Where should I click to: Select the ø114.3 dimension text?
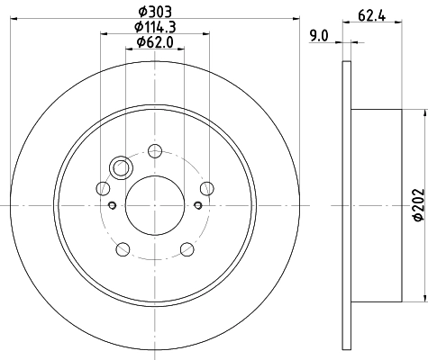click(x=155, y=26)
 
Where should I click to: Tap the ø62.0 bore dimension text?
click(x=155, y=42)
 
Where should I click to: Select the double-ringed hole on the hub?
click(x=120, y=167)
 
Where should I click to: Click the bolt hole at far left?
click(x=103, y=189)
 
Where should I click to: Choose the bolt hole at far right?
click(x=206, y=188)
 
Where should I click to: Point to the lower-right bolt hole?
click(x=187, y=249)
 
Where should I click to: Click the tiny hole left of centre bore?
click(x=112, y=205)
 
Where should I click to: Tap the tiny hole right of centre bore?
click(x=196, y=205)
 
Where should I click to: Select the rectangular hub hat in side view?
click(x=376, y=206)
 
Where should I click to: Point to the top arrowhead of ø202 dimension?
click(x=423, y=112)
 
